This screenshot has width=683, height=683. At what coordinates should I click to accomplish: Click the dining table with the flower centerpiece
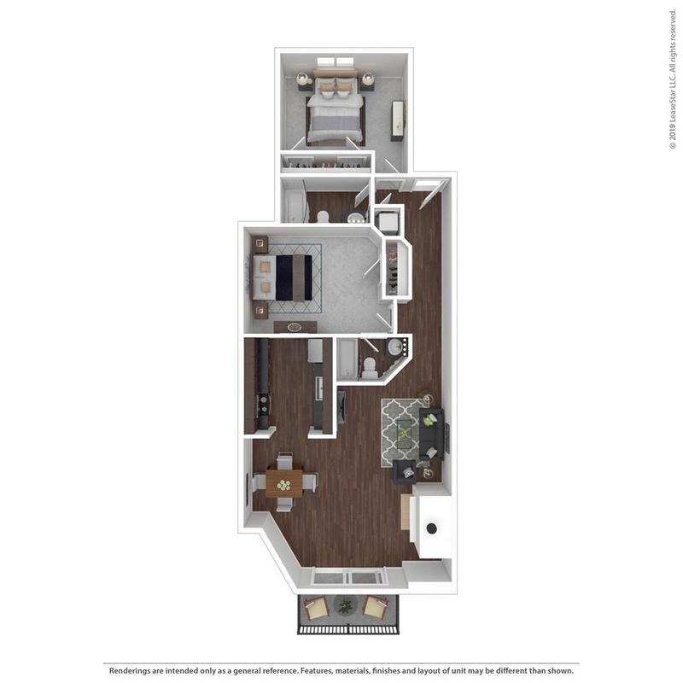point(283,483)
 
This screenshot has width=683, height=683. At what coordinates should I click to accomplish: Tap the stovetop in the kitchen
point(263,404)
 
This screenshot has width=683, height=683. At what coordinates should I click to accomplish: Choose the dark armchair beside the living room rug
point(405,472)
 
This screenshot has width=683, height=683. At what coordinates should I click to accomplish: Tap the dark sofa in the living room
point(431,434)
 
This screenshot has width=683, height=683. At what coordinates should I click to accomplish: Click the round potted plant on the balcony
point(345,606)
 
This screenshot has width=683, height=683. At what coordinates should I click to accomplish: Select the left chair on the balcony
point(315,608)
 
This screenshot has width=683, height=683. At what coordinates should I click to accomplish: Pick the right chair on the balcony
point(376,608)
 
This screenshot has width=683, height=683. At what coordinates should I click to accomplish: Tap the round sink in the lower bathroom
point(395,348)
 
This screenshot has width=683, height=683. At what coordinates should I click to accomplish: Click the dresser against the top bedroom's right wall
point(398,120)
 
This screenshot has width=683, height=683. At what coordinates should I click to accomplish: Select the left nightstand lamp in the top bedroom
point(304,79)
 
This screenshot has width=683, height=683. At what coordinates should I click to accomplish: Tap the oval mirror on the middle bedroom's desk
point(294,327)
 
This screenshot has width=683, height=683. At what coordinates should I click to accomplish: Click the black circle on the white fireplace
point(432,528)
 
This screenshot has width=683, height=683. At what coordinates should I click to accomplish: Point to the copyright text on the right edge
point(672,78)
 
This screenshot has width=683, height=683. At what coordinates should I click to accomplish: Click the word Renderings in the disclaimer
point(131,670)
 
